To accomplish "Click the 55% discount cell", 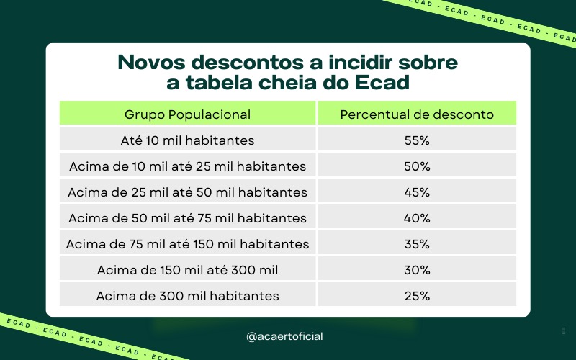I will point(417,140).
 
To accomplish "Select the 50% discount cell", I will point(417,166).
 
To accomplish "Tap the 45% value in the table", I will point(417,192).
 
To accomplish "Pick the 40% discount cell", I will point(417,218).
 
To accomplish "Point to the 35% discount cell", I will point(417,244).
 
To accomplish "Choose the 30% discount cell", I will point(417,270).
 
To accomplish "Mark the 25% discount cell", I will point(417,296).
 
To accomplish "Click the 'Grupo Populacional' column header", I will point(187,114).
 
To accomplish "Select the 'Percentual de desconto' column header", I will point(417,114).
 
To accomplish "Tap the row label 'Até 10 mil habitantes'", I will point(187,140).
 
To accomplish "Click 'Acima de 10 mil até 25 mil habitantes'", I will point(187,166).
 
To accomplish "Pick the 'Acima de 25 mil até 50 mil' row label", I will point(187,192).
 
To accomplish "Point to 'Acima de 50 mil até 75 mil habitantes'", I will point(187,218).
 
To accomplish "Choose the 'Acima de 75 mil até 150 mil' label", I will point(187,244).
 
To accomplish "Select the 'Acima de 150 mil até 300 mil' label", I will point(187,270).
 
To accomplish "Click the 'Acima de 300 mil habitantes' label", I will point(187,296).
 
